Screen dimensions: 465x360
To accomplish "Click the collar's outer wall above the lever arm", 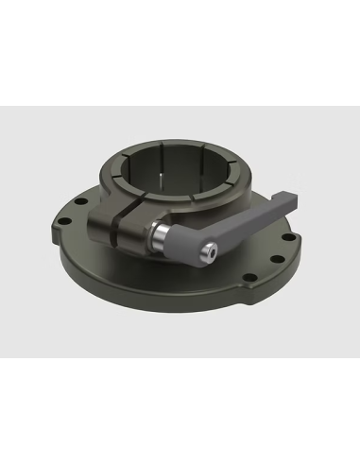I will click(227, 189).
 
